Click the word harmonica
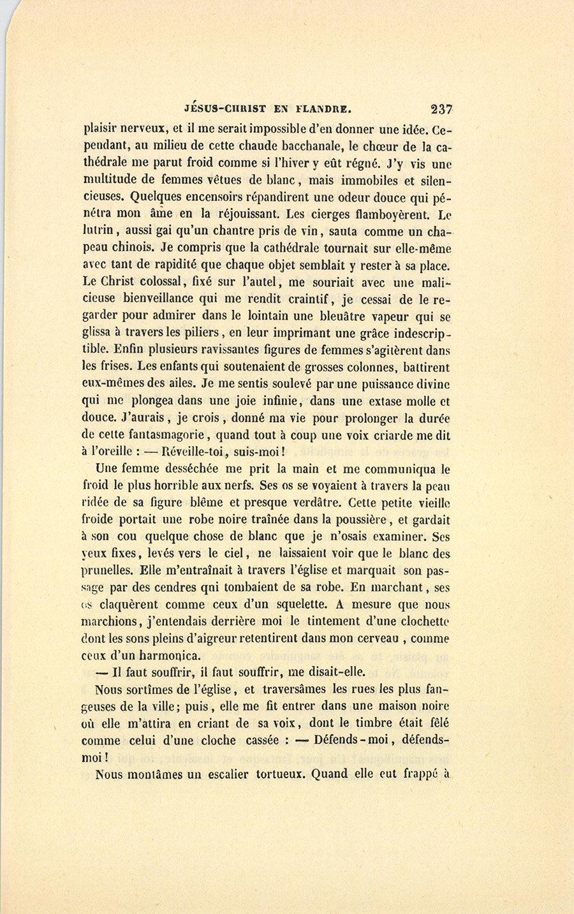click(x=169, y=656)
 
